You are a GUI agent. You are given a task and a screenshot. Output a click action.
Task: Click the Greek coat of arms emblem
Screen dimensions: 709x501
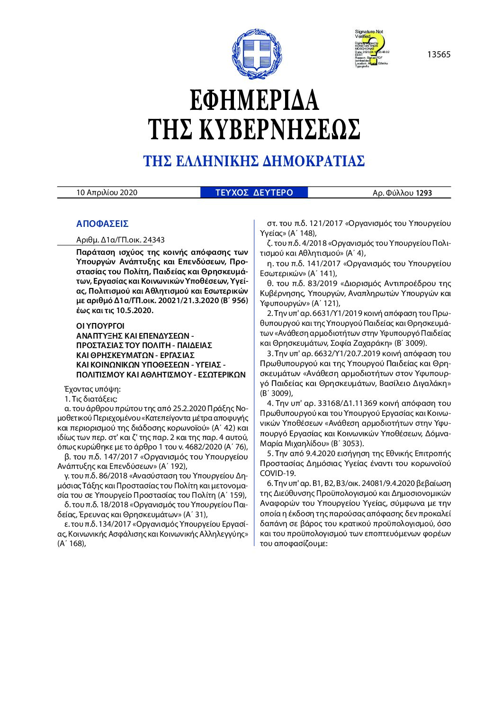pyautogui.click(x=251, y=54)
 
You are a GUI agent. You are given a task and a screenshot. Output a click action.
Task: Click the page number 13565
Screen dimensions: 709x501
pyautogui.click(x=438, y=54)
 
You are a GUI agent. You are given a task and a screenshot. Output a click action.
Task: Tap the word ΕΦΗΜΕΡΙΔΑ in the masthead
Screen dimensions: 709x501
pyautogui.click(x=254, y=100)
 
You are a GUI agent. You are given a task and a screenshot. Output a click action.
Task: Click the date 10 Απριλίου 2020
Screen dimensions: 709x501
pyautogui.click(x=107, y=192)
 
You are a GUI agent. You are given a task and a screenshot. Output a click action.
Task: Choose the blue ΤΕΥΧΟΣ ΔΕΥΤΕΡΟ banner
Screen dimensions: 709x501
pyautogui.click(x=254, y=193)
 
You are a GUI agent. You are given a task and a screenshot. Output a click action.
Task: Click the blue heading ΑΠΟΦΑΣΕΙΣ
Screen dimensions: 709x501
pyautogui.click(x=102, y=224)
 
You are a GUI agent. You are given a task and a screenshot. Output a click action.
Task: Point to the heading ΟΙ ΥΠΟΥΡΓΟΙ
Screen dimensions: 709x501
pyautogui.click(x=100, y=326)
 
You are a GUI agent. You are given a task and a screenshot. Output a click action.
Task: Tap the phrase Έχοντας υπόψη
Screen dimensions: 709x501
pyautogui.click(x=92, y=389)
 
